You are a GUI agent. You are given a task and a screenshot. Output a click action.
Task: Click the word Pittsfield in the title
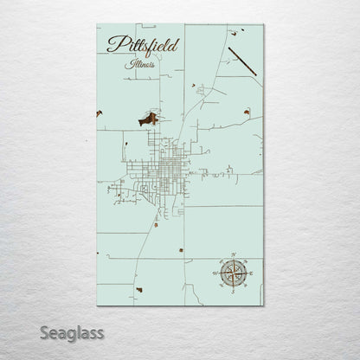(143, 45)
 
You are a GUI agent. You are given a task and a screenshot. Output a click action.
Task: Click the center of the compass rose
(232, 273)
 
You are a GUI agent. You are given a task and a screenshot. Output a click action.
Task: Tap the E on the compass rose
(251, 273)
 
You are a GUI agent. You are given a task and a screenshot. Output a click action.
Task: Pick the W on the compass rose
(213, 273)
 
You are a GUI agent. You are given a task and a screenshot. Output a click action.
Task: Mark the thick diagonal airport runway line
(242, 61)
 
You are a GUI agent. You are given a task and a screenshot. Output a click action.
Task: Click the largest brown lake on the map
(149, 118)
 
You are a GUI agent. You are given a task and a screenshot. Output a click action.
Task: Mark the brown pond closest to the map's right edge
(247, 112)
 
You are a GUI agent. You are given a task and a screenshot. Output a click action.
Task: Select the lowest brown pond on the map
(138, 288)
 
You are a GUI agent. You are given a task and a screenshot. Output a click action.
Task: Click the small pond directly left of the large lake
(100, 113)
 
